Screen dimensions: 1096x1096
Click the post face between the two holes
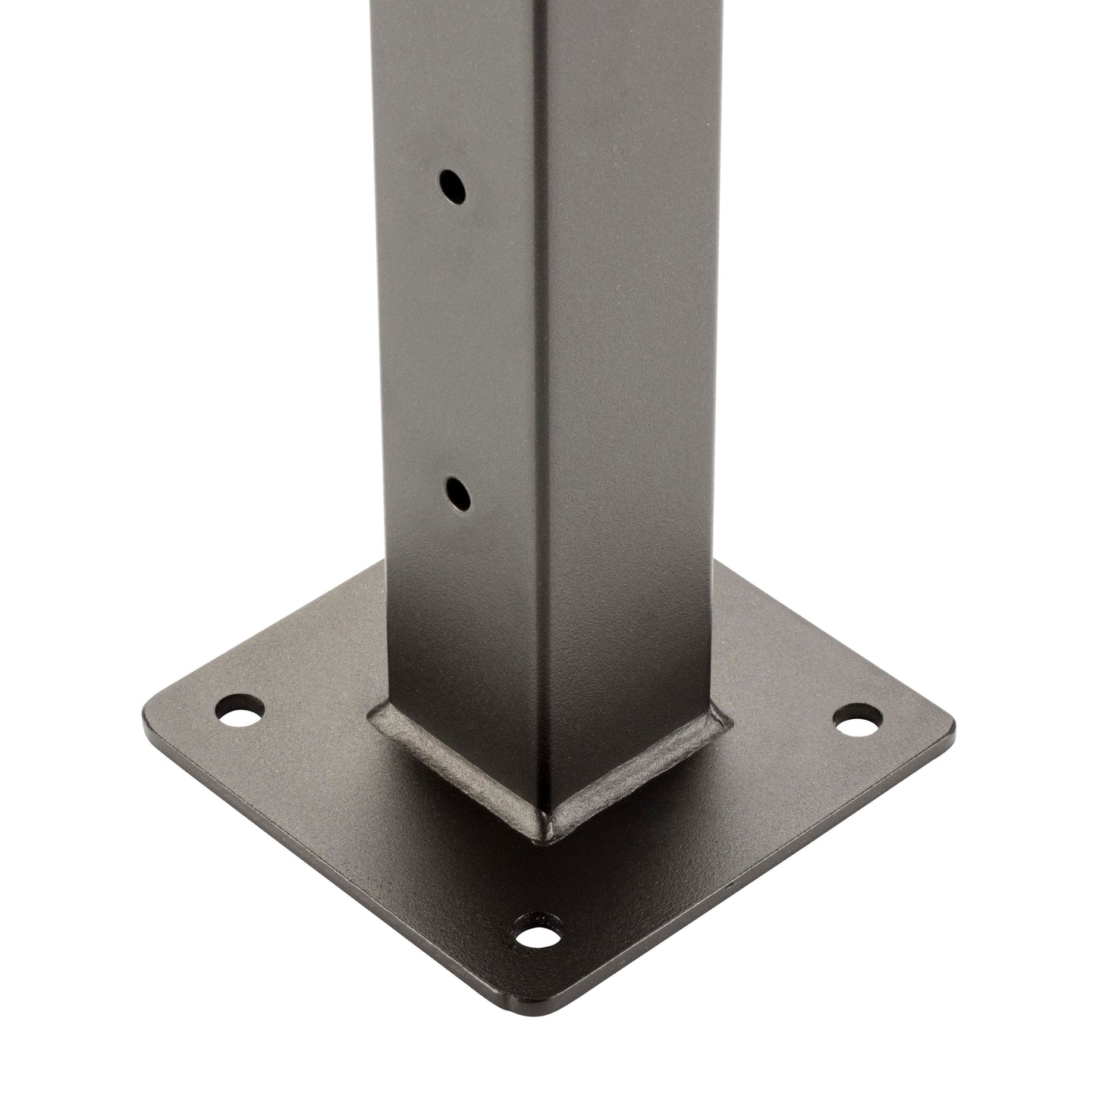click(x=455, y=341)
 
